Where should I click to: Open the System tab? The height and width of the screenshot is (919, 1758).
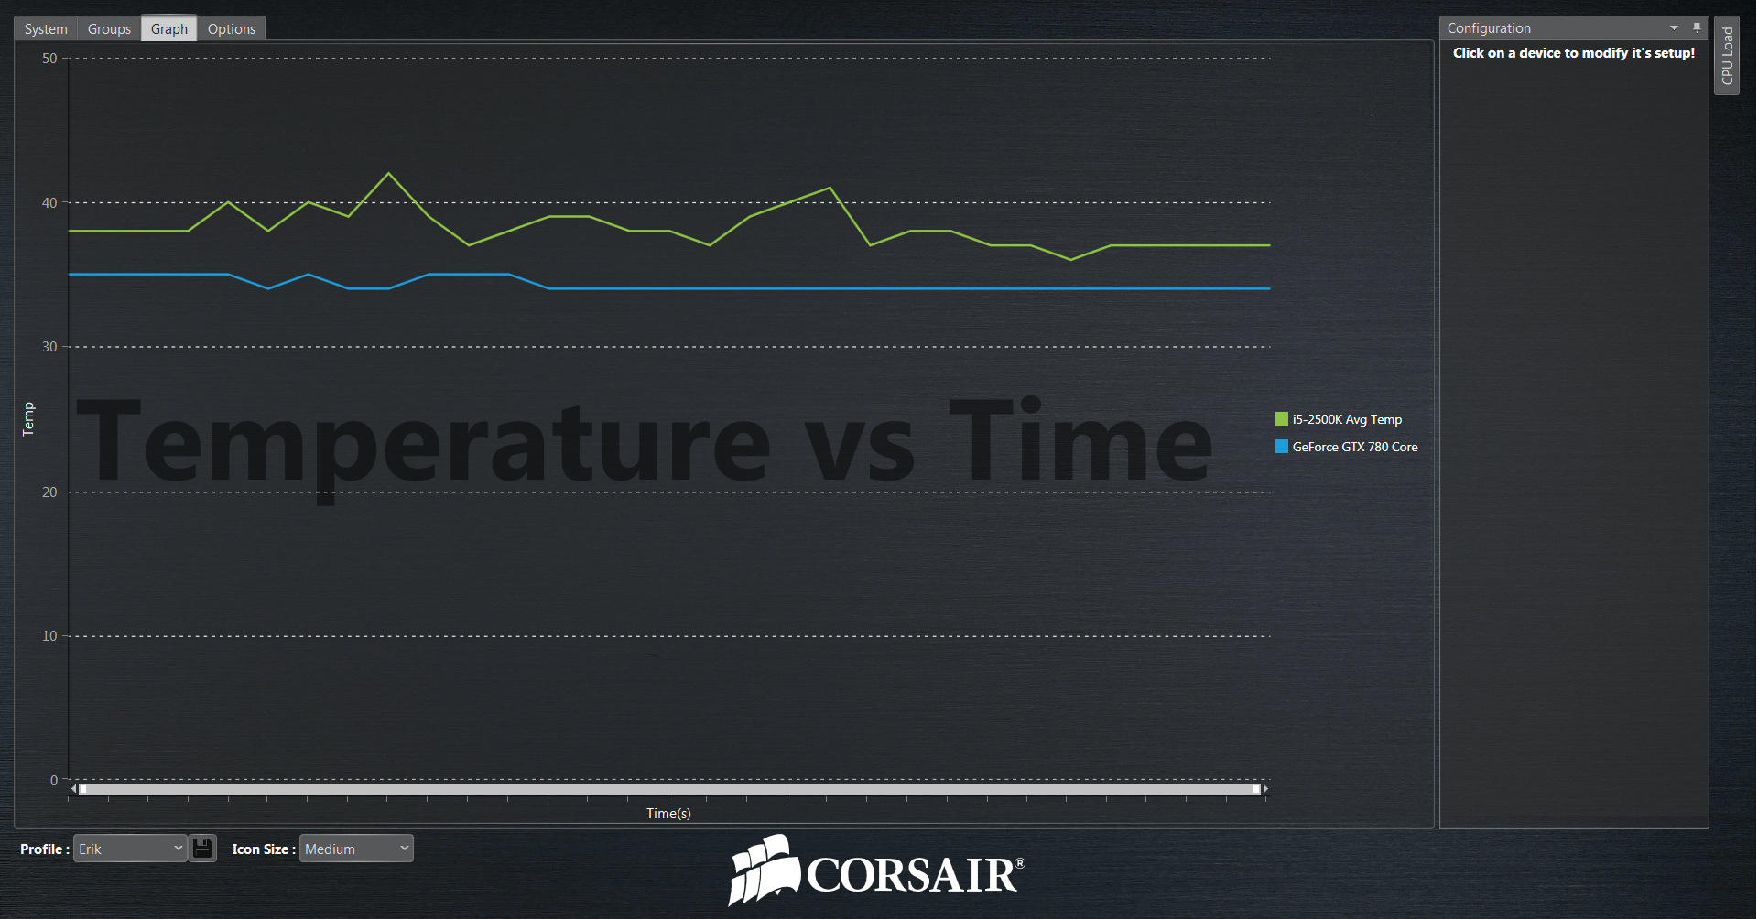pos(46,29)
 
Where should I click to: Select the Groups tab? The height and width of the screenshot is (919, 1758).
pos(109,29)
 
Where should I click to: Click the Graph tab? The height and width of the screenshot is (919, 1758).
pos(169,29)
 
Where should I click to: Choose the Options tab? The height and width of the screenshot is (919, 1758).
pos(232,29)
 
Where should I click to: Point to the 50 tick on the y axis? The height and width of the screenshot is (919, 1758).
pos(49,59)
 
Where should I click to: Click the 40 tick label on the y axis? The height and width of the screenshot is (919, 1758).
pos(49,203)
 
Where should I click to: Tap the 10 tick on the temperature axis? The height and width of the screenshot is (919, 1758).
pos(49,636)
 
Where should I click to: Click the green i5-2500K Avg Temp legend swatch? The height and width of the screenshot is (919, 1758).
pos(1281,419)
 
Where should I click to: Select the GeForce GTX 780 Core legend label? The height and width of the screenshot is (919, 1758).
pos(1355,447)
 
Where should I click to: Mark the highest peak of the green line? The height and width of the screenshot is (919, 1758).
pos(389,173)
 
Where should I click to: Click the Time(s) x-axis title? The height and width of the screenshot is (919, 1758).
pos(668,814)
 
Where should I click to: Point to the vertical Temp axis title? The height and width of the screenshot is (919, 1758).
pos(28,419)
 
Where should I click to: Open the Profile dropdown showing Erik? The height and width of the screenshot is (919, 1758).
pos(130,849)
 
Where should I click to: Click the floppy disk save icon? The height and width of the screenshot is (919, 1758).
pos(202,849)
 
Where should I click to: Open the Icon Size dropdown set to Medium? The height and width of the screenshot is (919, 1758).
pos(356,849)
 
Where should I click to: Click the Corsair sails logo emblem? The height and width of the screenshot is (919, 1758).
pos(764,870)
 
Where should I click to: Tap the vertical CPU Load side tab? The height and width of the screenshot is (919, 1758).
pos(1727,55)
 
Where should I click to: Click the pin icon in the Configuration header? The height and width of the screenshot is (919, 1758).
pos(1697,27)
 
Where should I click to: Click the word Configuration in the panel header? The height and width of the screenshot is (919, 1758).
pos(1489,28)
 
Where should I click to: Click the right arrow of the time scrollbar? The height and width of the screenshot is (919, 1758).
pos(1265,789)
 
